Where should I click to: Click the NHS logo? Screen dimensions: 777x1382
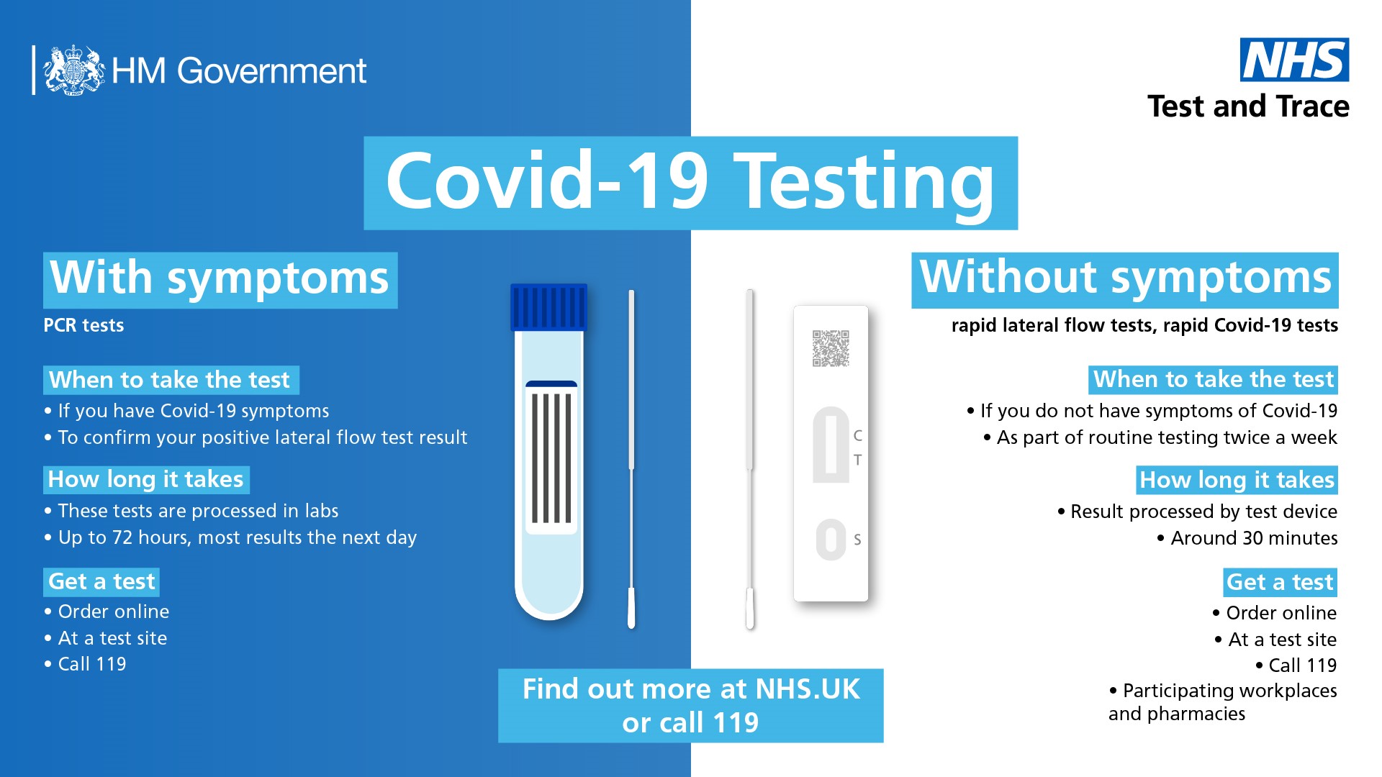click(x=1293, y=60)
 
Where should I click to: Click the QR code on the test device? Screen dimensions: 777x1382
click(x=831, y=348)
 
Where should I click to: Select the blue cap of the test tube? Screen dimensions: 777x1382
click(x=548, y=307)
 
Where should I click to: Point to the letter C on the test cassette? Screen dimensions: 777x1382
click(x=857, y=435)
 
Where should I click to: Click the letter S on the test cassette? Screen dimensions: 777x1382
click(x=857, y=540)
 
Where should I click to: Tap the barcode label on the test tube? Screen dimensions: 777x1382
click(x=551, y=458)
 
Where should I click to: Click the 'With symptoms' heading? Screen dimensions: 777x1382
click(x=220, y=279)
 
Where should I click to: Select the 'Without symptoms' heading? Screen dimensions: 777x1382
click(x=1125, y=279)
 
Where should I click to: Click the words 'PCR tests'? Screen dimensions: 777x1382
click(x=83, y=325)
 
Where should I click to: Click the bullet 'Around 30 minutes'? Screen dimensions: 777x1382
click(x=1253, y=538)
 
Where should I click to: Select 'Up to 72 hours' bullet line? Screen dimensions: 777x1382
click(x=237, y=537)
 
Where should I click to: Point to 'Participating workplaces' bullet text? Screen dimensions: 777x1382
click(x=1229, y=691)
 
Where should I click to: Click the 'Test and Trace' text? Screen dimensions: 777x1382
click(x=1248, y=106)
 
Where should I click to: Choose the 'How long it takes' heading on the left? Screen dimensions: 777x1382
click(x=146, y=479)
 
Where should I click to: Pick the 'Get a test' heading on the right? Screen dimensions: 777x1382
click(x=1280, y=582)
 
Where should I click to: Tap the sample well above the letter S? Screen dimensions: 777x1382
click(x=831, y=540)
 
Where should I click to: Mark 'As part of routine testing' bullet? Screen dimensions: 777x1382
click(x=1166, y=437)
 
